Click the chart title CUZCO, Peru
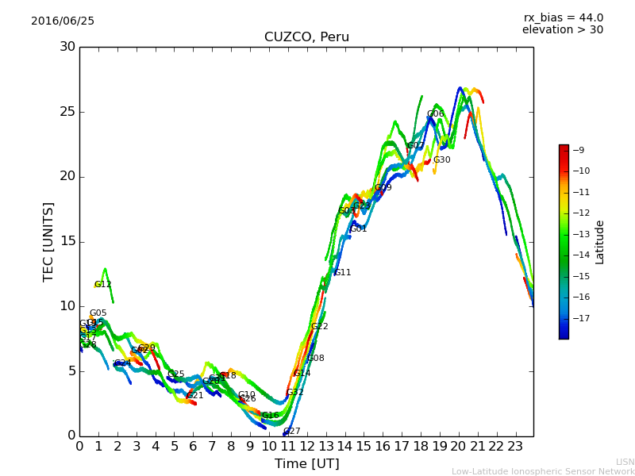(x=306, y=37)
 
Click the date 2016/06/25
(x=63, y=21)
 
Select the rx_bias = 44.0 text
(x=563, y=17)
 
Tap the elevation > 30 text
(x=562, y=30)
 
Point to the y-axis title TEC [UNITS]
(x=48, y=241)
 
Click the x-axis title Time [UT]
(x=306, y=463)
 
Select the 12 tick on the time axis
(x=306, y=446)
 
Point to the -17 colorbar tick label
(x=579, y=318)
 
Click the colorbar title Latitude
(x=600, y=241)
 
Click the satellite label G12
(x=103, y=284)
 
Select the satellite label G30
(x=441, y=159)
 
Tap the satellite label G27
(x=292, y=431)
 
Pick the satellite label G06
(x=436, y=113)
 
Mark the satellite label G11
(x=342, y=272)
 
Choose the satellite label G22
(x=319, y=326)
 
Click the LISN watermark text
(x=625, y=462)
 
